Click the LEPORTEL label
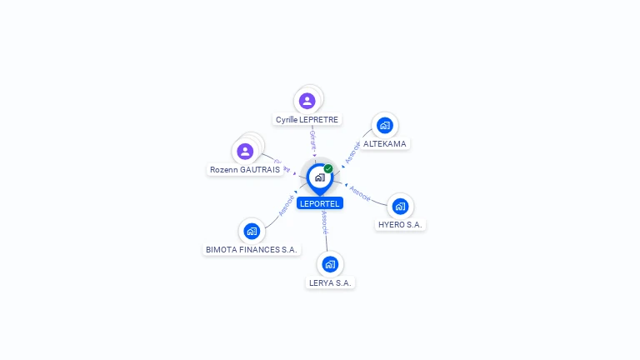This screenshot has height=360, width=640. (320, 203)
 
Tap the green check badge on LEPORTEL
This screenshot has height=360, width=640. (328, 168)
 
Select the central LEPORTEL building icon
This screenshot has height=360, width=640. (319, 177)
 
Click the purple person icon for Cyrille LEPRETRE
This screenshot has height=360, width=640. (307, 101)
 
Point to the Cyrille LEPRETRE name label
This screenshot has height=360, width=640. (307, 120)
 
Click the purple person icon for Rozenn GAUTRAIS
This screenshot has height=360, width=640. (245, 151)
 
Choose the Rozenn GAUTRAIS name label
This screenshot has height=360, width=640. (244, 169)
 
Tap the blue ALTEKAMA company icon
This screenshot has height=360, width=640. (384, 125)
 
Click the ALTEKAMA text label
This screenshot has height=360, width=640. (385, 143)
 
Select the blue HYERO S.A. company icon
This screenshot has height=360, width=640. (400, 206)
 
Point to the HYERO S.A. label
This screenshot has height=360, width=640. (401, 225)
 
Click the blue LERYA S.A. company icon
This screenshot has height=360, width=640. (330, 264)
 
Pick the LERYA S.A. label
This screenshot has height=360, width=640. (331, 282)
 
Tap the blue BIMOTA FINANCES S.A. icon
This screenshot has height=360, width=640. (252, 231)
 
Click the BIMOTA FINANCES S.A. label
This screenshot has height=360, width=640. (252, 249)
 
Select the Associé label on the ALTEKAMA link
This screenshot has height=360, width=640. (352, 152)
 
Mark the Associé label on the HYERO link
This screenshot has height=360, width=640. (360, 192)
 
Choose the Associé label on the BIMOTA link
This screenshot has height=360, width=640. (287, 206)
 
